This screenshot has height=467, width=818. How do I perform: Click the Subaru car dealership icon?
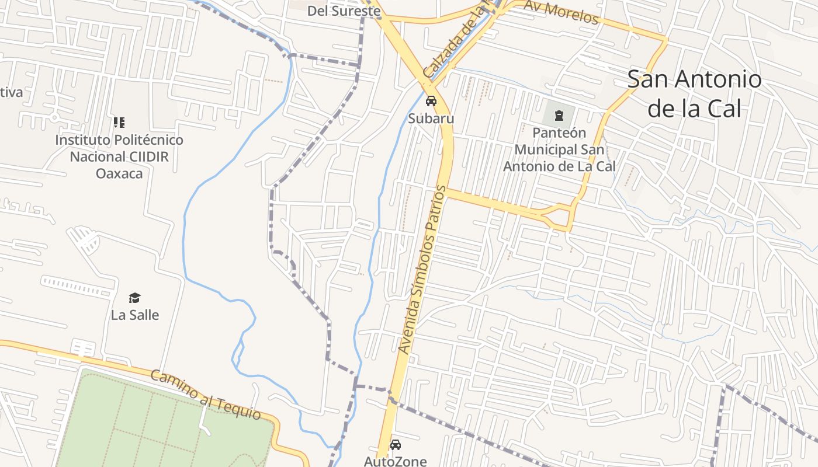coord(431,101)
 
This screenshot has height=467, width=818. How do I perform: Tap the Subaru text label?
coord(431,119)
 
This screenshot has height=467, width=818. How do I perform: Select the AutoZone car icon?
coord(396,445)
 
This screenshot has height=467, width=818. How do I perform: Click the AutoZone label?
coord(396,461)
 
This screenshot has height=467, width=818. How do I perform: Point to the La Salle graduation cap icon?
coord(135,298)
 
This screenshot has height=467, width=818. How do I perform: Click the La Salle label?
coord(135,315)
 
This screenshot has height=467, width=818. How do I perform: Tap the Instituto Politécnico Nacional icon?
coord(119,123)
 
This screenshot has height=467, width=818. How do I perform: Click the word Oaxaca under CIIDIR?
coord(119,173)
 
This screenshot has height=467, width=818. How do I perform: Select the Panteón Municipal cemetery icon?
coord(559,115)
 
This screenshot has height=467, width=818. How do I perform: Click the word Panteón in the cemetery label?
coord(559,133)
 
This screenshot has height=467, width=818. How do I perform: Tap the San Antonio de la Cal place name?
coord(694,93)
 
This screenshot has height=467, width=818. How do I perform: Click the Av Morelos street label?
coord(561,13)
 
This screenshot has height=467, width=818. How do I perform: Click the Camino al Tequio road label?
coord(206,395)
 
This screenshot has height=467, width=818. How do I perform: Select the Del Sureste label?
coord(335,11)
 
